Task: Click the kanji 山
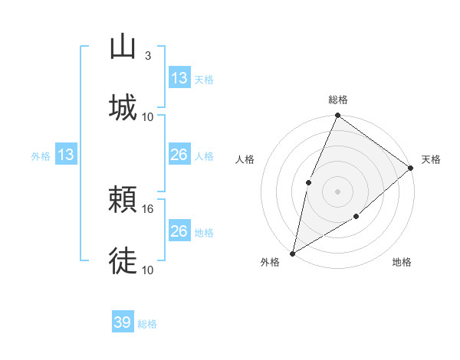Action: [x=123, y=47]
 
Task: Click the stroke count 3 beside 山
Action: [x=147, y=56]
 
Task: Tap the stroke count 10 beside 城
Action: [x=148, y=116]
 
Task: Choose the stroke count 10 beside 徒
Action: [x=148, y=270]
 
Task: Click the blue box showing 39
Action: [x=123, y=322]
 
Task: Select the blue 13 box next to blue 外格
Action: [x=66, y=155]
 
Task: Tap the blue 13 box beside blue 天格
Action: [x=179, y=78]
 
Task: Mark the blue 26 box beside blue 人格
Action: [x=179, y=155]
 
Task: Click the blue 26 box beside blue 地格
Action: [x=179, y=231]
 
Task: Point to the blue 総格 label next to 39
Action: [x=147, y=324]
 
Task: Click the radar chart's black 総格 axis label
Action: [x=338, y=100]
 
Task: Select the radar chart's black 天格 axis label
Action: [x=431, y=159]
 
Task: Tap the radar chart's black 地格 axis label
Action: [x=402, y=263]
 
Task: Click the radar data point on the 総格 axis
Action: [x=337, y=116]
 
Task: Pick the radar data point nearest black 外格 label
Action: [x=292, y=253]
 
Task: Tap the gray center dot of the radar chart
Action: [x=337, y=191]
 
